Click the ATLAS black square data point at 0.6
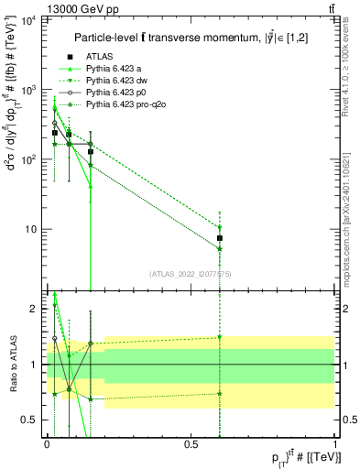tap(220, 238)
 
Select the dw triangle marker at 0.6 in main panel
tap(220, 228)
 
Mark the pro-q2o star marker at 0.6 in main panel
tap(220, 248)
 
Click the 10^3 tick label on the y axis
tap(28, 90)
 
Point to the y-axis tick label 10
tap(31, 229)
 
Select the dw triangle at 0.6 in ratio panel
tap(220, 337)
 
